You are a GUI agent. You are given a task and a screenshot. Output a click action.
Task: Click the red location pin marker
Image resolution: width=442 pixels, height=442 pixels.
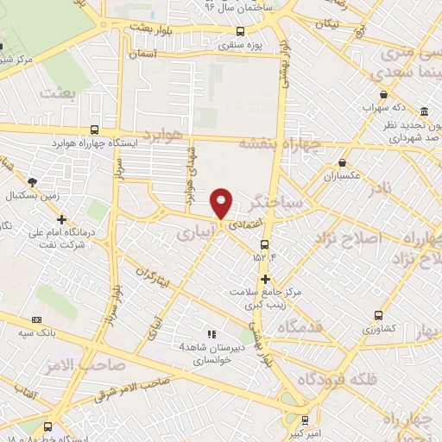[x=222, y=203]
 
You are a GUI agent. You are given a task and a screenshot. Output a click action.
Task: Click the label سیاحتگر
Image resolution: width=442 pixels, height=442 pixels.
[x=275, y=203]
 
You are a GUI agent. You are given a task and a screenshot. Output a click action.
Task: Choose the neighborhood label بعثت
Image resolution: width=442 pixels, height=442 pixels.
[x=84, y=89]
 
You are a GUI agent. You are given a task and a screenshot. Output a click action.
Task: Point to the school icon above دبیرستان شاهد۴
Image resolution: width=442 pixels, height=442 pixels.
[x=209, y=333]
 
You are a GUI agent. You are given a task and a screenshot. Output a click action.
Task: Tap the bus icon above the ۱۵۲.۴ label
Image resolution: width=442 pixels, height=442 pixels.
[x=264, y=243]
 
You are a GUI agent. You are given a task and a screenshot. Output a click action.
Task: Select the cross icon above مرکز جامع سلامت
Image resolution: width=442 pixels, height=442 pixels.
[x=265, y=279]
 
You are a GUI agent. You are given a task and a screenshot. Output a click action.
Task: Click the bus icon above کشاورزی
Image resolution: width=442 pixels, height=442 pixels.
[x=377, y=316]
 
